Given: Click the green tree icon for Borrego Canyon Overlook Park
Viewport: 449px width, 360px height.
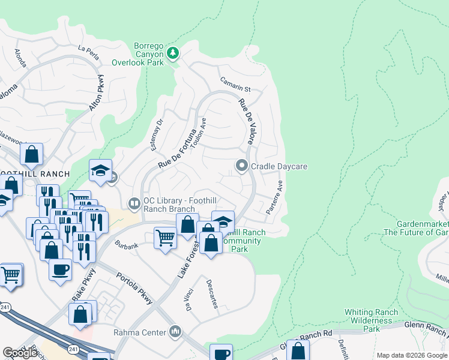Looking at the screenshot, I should click(x=173, y=53).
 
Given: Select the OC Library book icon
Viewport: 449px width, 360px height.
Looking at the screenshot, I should click(x=135, y=204).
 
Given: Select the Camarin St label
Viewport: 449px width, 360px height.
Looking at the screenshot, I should click(x=234, y=85).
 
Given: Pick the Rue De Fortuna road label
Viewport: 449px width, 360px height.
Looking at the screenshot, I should click(x=178, y=148).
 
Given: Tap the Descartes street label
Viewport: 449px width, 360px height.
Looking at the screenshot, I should click(x=211, y=293).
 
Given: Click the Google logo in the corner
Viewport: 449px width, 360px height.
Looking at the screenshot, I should click(x=20, y=353).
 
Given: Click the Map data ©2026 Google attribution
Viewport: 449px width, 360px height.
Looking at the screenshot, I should click(x=412, y=355).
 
